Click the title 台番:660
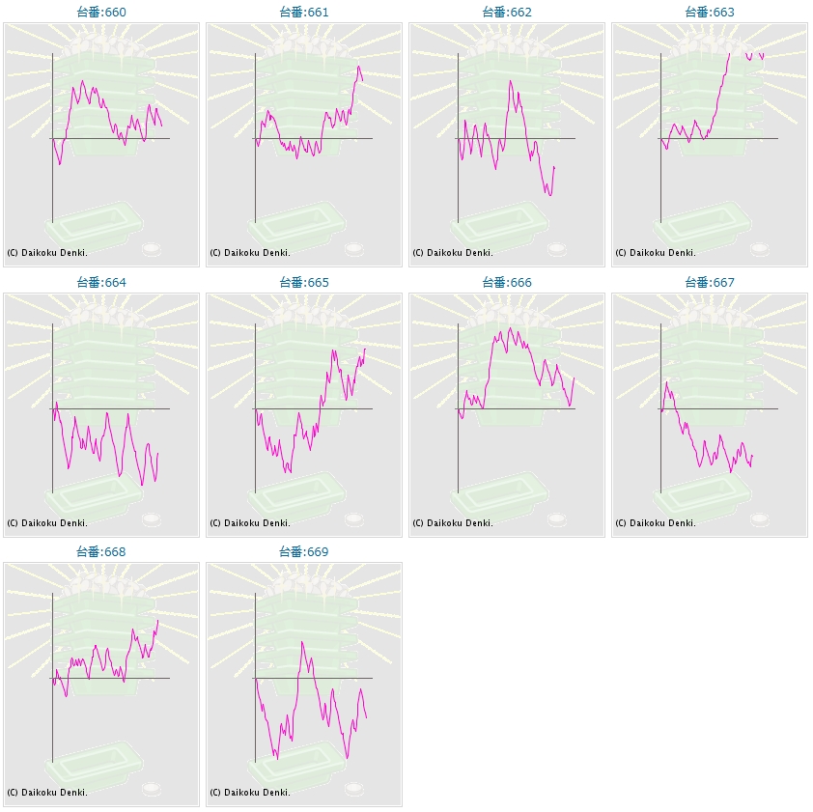(101, 13)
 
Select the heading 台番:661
(304, 13)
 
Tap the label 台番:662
(507, 13)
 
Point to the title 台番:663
(710, 13)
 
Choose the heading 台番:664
(101, 283)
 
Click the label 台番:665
(304, 283)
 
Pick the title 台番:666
(507, 283)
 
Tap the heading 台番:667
(710, 283)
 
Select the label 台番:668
(101, 552)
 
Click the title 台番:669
(304, 552)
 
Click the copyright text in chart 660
(47, 253)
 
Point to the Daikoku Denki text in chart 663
(656, 253)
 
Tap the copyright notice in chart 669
(250, 793)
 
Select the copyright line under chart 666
(453, 523)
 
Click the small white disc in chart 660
(152, 249)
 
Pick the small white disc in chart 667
(760, 519)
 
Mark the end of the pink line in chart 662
(554, 167)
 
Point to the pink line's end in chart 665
(365, 349)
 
